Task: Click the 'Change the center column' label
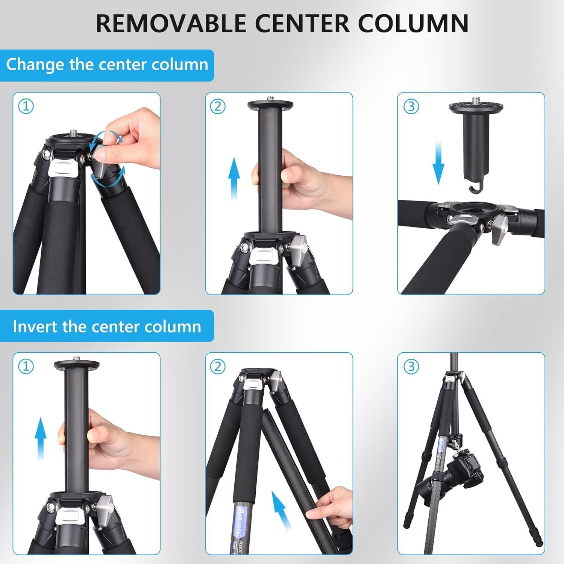point(107,65)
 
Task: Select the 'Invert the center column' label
point(107,326)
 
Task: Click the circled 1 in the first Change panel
point(26,106)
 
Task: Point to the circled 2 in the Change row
point(218,106)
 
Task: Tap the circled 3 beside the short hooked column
point(411,106)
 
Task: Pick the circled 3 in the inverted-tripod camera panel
point(411,366)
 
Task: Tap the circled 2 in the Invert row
point(218,366)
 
